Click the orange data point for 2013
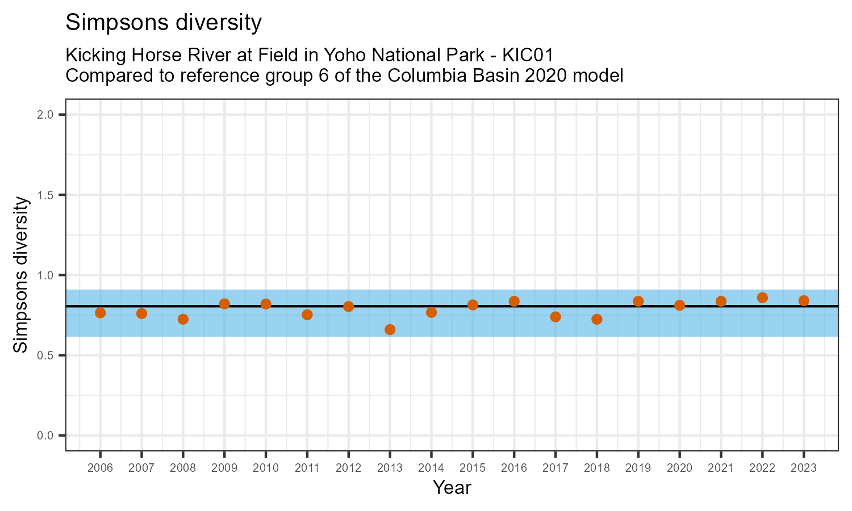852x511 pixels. coord(390,329)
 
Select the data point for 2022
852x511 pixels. coord(762,298)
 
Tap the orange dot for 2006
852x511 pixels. coord(101,313)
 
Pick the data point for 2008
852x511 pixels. coord(183,319)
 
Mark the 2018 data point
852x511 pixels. coord(596,319)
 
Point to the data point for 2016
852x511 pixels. coord(514,301)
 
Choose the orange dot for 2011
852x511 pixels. coord(307,315)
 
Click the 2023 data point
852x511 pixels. coord(804,300)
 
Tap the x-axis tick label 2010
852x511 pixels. coord(266,468)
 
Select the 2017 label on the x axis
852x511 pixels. coord(555,468)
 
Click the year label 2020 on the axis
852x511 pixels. coord(679,468)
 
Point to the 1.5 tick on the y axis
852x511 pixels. coord(46,195)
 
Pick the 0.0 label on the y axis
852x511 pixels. coord(46,435)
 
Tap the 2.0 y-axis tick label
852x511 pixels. coord(46,115)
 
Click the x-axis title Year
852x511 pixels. coord(452,487)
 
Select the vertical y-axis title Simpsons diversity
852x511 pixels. coord(21,275)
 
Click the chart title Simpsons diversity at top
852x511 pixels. coord(164,23)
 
